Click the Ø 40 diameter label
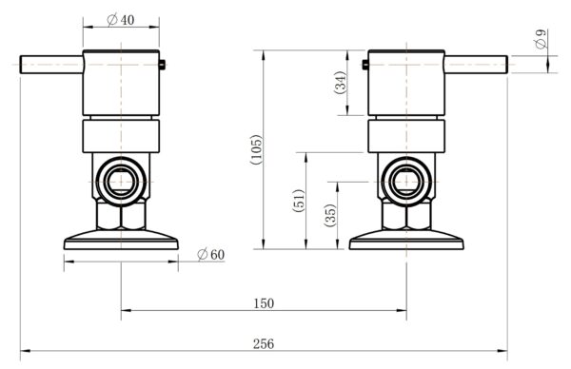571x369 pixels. point(121,21)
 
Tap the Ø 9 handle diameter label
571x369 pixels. point(541,41)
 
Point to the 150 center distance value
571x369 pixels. point(264,303)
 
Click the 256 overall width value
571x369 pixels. point(264,343)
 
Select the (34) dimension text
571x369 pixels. point(341,83)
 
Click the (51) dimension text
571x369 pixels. point(300,201)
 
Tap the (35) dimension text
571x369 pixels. point(330,215)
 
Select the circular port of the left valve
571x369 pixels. point(121,179)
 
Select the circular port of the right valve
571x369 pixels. point(406,179)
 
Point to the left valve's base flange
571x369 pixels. point(121,241)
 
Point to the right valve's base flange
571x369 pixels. point(406,241)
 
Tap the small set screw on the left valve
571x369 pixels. point(166,65)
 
